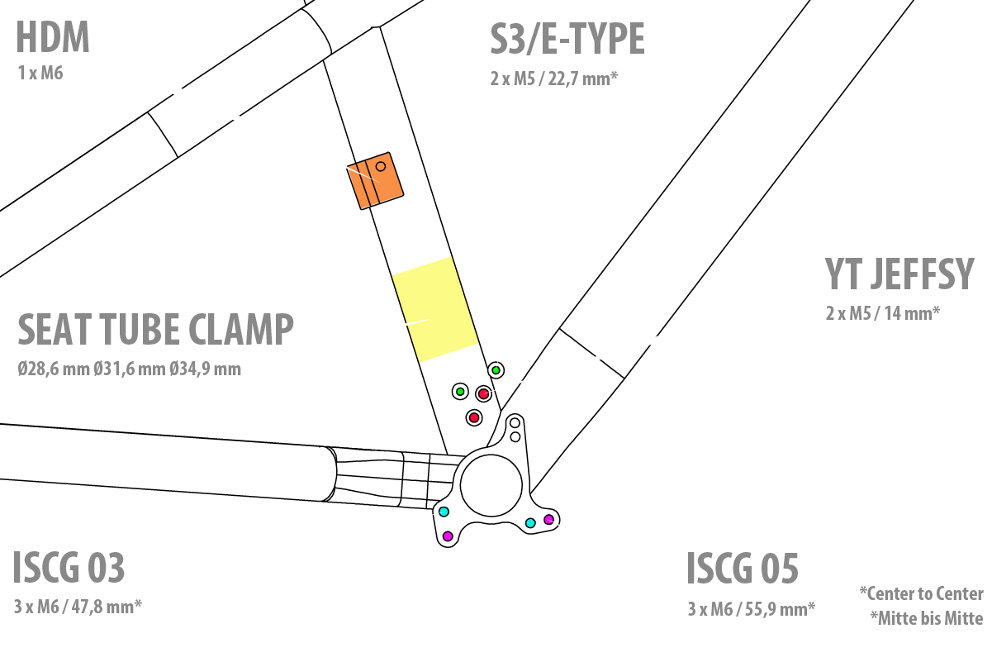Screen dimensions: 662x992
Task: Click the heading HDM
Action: point(53,39)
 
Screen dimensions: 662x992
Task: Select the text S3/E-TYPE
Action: point(567,39)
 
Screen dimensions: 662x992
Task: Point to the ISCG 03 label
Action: point(69,568)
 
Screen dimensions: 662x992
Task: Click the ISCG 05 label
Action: point(743,569)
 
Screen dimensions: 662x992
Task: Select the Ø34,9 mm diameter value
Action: point(206,369)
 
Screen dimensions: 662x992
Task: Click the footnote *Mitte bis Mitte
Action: point(926,618)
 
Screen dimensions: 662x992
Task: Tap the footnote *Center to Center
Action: point(921,593)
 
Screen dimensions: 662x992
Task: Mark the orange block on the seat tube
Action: point(375,180)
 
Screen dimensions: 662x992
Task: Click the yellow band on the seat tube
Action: point(434,309)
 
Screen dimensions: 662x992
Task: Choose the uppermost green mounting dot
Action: point(496,369)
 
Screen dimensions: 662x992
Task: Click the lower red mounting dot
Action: point(474,418)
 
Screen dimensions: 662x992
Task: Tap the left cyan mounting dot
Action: point(444,512)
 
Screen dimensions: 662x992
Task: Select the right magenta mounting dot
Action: point(548,519)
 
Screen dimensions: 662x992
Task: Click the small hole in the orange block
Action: point(381,166)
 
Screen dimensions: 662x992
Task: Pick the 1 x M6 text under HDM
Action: point(40,74)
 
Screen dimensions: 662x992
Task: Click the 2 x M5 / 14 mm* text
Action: point(883,313)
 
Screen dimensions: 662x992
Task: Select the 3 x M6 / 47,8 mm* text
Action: point(78,607)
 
